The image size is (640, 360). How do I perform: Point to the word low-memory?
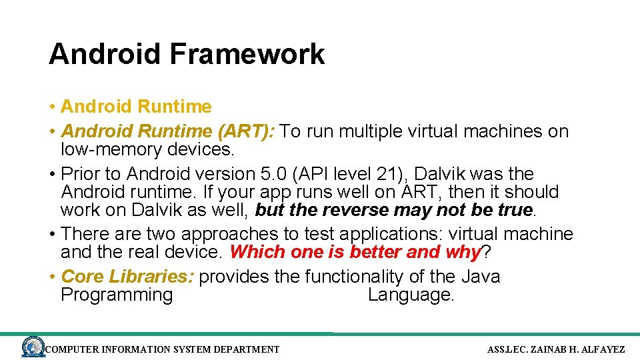click(111, 149)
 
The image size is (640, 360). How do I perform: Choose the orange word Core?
click(83, 277)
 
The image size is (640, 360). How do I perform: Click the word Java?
click(479, 277)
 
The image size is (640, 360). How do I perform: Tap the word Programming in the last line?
click(117, 295)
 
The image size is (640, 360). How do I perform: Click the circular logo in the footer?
click(33, 347)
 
